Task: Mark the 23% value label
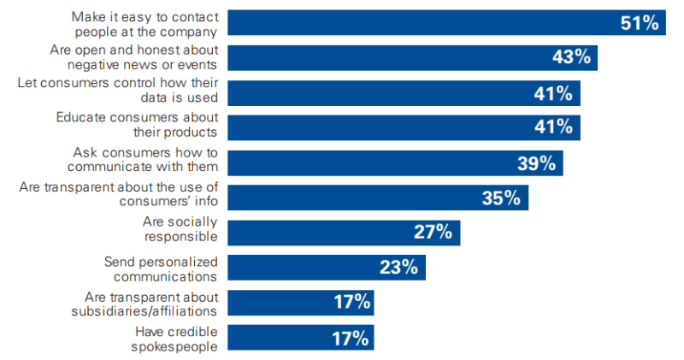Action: pyautogui.click(x=398, y=268)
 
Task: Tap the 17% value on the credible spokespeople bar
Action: pyautogui.click(x=351, y=338)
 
